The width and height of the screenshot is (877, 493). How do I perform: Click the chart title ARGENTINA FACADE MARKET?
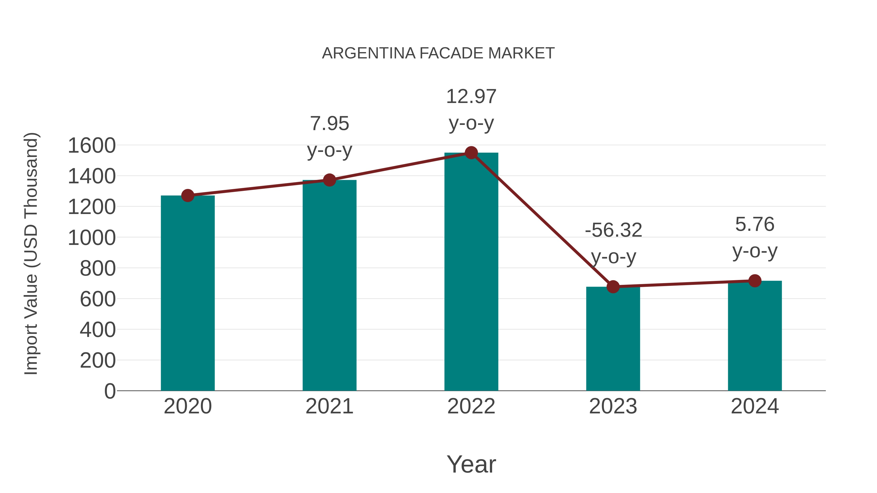(x=438, y=53)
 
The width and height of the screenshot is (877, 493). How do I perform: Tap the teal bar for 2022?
(x=471, y=272)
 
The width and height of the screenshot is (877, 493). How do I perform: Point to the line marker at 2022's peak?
(x=471, y=153)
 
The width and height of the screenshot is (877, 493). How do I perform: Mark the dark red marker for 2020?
(x=188, y=196)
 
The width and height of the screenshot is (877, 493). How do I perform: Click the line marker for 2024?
(x=755, y=281)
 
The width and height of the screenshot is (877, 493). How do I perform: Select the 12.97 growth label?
(x=471, y=97)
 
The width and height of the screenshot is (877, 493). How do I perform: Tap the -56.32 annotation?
(x=613, y=230)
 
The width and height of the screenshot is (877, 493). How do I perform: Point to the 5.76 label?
(x=755, y=224)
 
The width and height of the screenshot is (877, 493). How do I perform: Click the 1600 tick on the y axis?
(x=92, y=146)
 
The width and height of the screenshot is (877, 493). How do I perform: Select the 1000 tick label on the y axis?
(x=92, y=238)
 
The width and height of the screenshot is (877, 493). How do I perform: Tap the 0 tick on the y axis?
(x=110, y=391)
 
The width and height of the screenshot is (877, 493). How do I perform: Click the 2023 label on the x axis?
(x=613, y=406)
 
